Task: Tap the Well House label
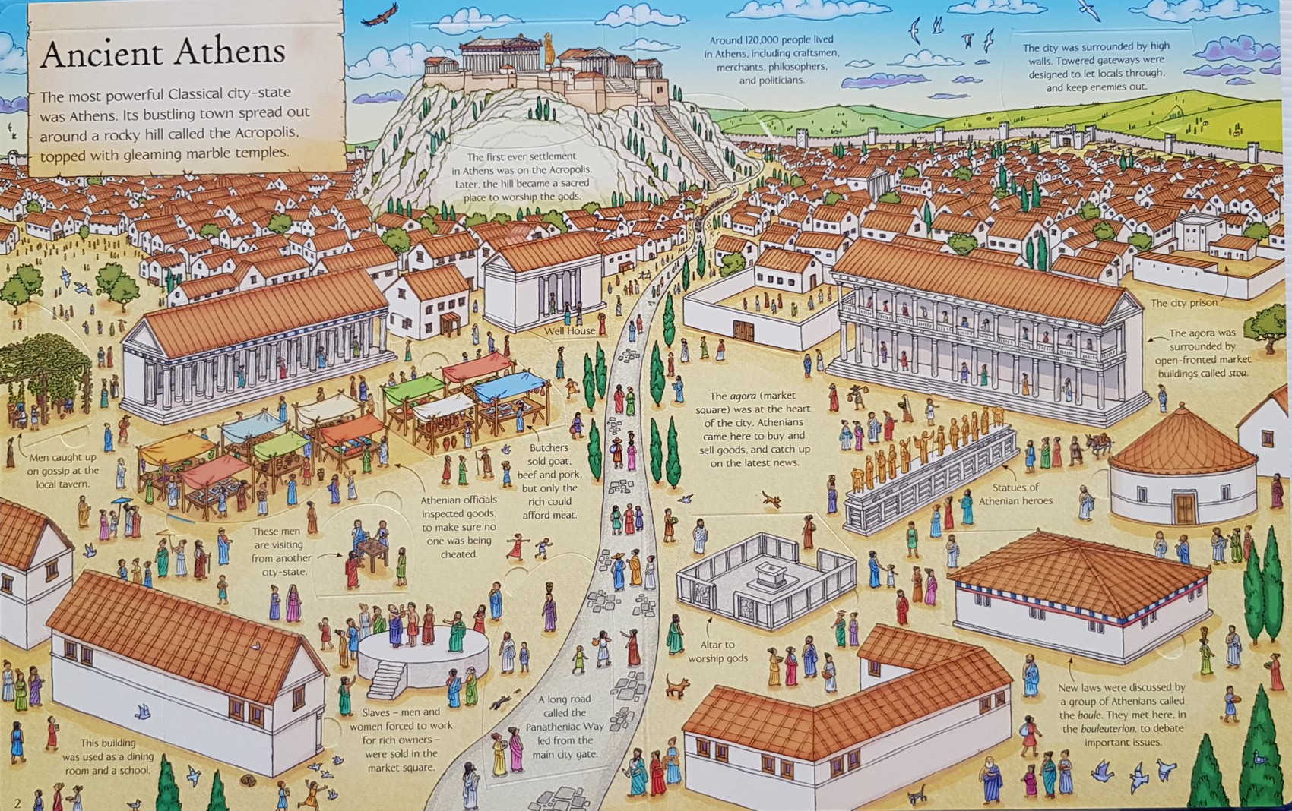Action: pos(569,331)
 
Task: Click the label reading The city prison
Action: pos(1183,303)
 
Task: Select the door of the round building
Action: pos(1184,508)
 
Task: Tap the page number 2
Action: pos(17,802)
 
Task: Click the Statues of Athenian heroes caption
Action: pos(1015,494)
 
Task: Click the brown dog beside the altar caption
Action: pos(676,686)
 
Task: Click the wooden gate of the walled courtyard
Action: pos(743,331)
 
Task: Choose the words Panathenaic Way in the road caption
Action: pos(565,727)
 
